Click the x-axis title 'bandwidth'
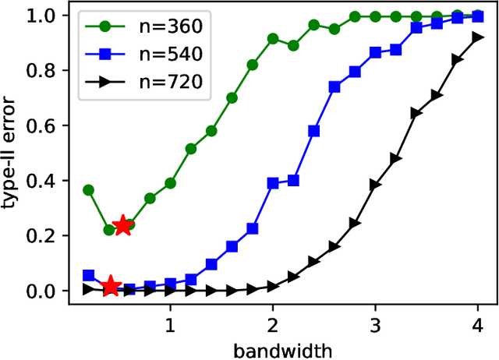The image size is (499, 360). pos(283,349)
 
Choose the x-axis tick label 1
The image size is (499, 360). pos(170,323)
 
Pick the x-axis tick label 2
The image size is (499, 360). pos(272,323)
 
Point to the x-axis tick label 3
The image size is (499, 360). pos(375,323)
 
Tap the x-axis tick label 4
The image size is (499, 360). pos(477,323)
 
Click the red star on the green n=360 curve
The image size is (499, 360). pos(123,226)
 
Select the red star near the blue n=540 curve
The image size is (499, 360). pos(110,286)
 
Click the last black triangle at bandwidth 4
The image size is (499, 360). pos(477,37)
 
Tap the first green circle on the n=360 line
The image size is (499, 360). pos(89,190)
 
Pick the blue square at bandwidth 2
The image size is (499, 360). pos(273,183)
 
